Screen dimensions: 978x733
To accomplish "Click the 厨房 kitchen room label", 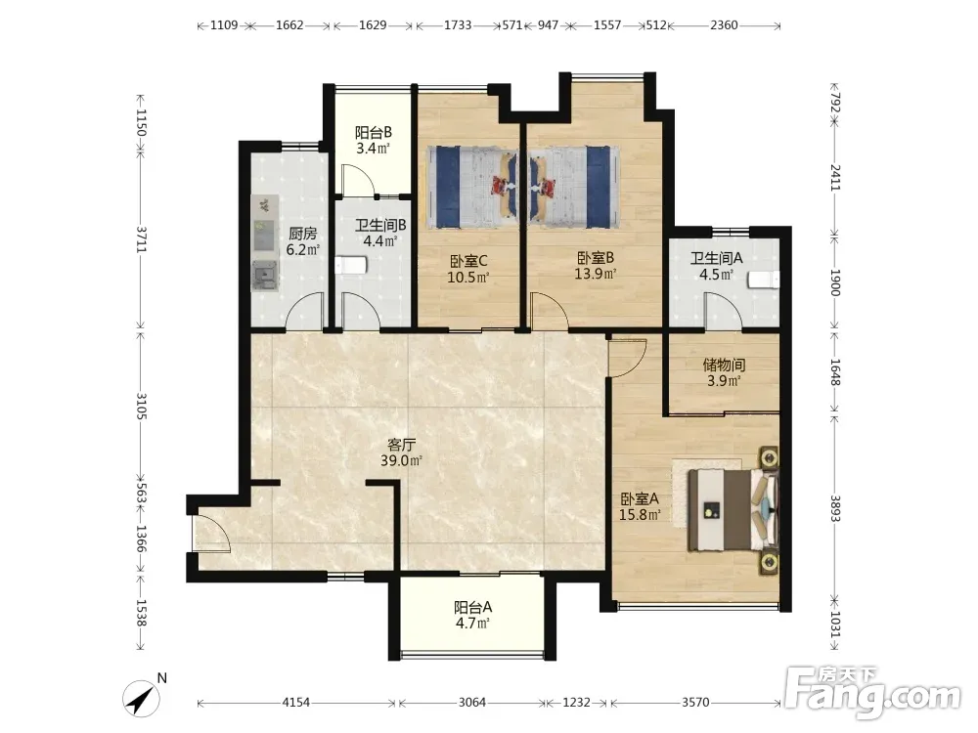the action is click(302, 234).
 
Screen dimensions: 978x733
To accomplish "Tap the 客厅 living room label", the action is click(402, 445).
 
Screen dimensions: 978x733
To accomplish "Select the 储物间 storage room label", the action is click(724, 365).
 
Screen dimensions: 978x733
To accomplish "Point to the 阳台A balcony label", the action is click(472, 607).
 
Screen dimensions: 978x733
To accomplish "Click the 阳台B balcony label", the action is click(374, 132).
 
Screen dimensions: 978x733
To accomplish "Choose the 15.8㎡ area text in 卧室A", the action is click(640, 515).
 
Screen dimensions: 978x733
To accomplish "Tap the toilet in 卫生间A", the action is click(764, 280).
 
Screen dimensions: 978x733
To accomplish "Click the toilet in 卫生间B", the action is click(350, 266).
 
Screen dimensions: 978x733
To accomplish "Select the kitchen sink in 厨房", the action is click(264, 276).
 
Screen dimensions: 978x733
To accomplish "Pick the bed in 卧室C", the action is click(472, 187).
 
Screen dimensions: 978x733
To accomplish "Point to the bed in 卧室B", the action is click(574, 187).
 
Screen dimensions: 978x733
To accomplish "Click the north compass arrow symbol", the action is click(141, 699).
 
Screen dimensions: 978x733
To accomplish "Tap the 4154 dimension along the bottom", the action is click(296, 703).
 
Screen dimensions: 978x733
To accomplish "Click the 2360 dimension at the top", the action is click(724, 25).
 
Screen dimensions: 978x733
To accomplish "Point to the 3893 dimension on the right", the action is click(836, 508).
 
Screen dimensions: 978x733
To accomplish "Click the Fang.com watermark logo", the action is click(872, 692).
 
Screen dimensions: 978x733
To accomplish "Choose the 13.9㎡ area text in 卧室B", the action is click(596, 273).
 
